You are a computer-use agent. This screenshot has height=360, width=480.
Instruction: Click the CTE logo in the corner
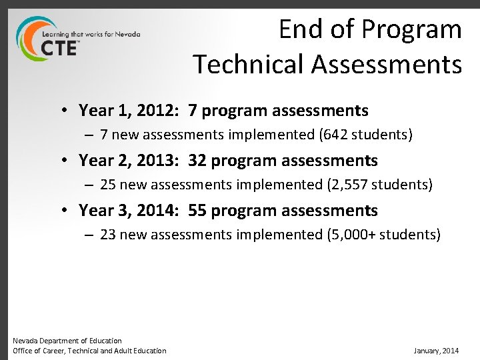(50, 41)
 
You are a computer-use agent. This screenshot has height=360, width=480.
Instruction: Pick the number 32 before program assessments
(197, 161)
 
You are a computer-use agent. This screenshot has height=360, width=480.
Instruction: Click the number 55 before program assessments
(197, 211)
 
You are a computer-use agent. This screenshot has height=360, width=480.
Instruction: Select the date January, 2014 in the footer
(436, 351)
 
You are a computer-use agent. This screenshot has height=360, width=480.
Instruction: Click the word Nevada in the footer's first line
(25, 341)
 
